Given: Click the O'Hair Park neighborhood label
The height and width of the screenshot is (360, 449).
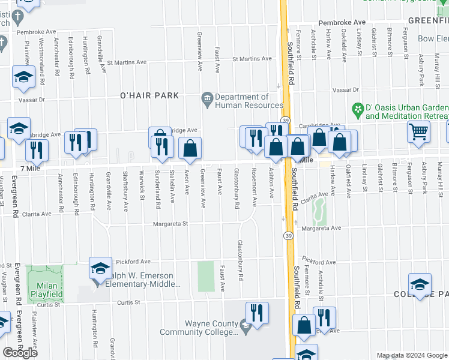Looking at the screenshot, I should (149, 95).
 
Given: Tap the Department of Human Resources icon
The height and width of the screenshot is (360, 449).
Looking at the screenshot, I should (207, 97).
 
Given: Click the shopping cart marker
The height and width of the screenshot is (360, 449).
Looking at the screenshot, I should (418, 131).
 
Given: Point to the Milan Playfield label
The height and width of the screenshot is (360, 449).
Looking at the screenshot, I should (47, 286).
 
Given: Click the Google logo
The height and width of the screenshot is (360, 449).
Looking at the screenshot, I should (20, 353).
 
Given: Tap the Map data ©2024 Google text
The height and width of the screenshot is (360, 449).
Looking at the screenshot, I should (412, 355).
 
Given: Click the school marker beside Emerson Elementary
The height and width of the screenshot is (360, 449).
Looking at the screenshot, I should (100, 266).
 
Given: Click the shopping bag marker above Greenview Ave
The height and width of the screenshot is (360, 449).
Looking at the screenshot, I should (190, 148).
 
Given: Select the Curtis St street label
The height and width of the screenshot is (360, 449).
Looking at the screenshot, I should (132, 304).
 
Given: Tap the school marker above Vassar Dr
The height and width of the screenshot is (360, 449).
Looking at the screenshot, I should (23, 77).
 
